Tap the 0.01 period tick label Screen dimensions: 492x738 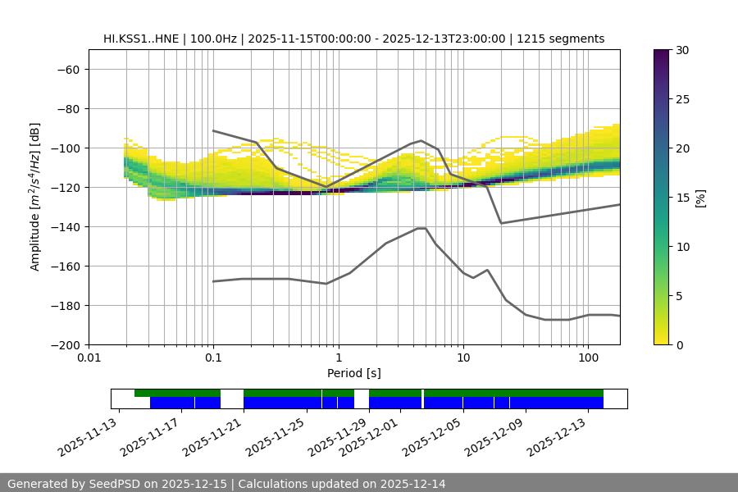tap(89, 358)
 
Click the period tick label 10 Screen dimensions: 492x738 tap(463, 358)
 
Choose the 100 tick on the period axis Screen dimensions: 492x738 tap(588, 358)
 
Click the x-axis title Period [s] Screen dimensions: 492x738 tap(354, 374)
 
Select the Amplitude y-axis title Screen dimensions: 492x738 tap(35, 198)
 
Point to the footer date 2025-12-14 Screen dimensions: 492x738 tap(413, 484)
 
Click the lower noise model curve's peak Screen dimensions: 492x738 tap(421, 229)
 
